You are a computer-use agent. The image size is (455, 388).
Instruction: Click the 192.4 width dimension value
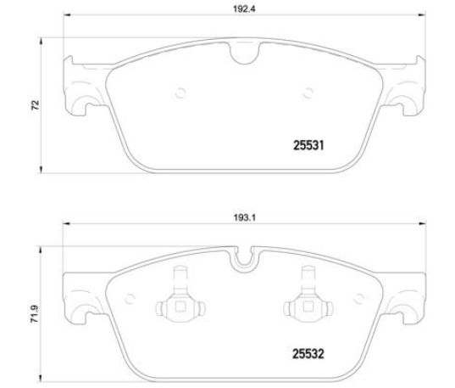coord(244,8)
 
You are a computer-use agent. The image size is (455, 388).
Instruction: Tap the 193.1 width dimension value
coord(245,217)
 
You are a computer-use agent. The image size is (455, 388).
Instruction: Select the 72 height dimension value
coord(35,105)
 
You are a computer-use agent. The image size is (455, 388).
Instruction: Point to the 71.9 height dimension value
coord(35,313)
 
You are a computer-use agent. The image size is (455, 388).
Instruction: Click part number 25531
coord(308,145)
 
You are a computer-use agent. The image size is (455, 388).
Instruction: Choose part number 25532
coord(308,354)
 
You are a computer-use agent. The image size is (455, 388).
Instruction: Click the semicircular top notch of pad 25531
coord(245,53)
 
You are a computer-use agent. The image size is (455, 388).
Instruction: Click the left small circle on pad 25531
coord(180,93)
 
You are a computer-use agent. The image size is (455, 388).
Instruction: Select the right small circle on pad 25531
coord(308,93)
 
